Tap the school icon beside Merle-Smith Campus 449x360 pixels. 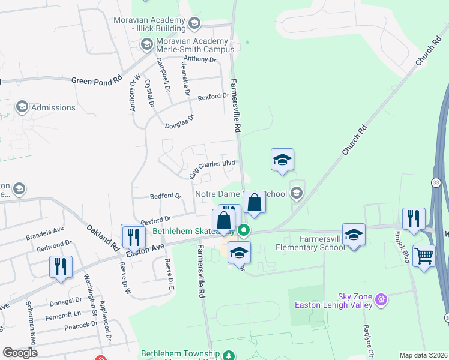click(147, 44)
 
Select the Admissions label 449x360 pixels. click(53, 108)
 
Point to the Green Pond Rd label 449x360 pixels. click(96, 80)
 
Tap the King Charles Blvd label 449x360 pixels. click(211, 169)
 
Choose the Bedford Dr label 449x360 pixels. click(165, 196)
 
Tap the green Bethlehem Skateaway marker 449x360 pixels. click(243, 230)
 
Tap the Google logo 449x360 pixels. click(19, 353)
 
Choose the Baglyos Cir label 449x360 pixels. click(367, 339)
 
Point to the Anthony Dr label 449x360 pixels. click(200, 59)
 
